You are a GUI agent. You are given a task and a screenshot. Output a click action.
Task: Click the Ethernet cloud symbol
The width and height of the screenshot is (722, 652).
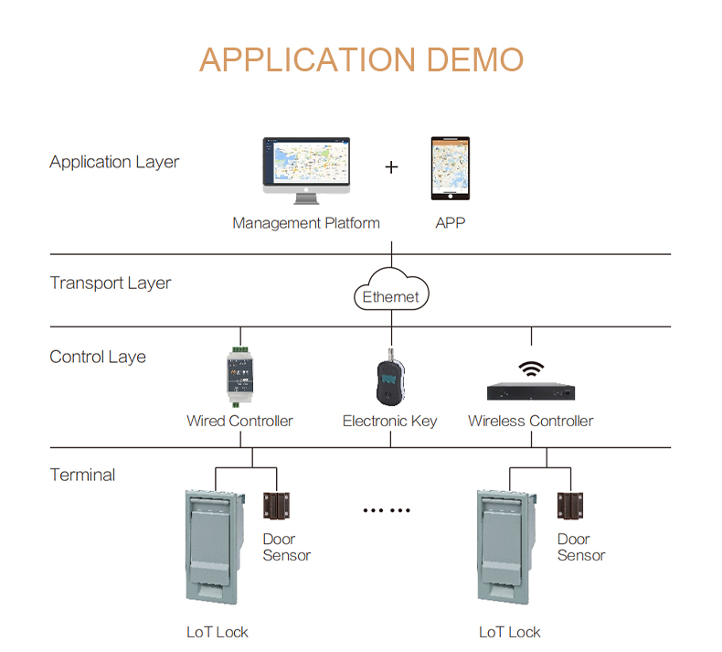[x=391, y=293]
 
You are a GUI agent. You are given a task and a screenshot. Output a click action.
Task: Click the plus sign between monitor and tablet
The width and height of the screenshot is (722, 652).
[x=391, y=167]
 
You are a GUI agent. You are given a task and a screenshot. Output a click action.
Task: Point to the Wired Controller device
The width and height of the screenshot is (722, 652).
[x=240, y=376]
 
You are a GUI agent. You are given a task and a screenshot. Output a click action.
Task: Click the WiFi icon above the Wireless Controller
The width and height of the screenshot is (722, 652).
[x=531, y=369]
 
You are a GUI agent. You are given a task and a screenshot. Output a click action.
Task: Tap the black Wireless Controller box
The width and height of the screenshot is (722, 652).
[x=531, y=391]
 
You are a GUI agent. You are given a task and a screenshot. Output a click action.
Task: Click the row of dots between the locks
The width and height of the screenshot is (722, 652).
[x=388, y=510]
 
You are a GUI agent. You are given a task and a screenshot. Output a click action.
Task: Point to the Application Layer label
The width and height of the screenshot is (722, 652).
[x=114, y=163]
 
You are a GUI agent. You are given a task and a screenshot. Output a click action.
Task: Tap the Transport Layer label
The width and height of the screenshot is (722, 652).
[x=111, y=283]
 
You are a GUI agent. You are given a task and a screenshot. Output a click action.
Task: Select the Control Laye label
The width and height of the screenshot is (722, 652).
[x=98, y=358]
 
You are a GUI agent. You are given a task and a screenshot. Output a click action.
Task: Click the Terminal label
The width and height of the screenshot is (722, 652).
[x=82, y=476]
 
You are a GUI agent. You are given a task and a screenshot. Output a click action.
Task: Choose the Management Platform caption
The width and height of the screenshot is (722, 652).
[x=306, y=223]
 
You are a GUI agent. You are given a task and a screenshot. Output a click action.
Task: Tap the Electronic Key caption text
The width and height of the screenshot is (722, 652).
[x=389, y=422]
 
